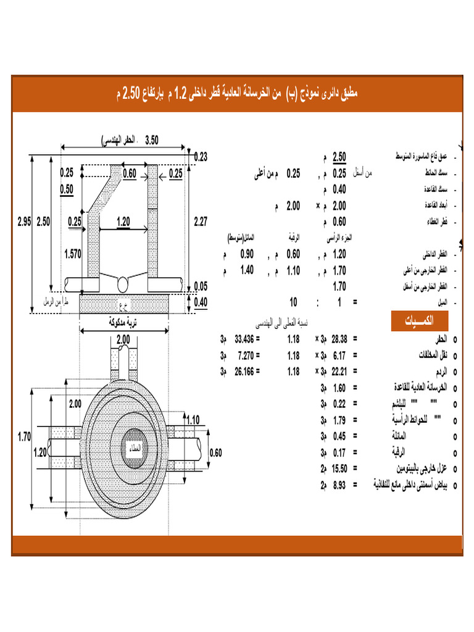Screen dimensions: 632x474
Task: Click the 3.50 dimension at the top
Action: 151,139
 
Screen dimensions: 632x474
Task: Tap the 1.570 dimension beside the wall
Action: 73,252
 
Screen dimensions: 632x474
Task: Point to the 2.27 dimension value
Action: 201,221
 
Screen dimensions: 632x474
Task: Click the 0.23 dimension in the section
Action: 201,157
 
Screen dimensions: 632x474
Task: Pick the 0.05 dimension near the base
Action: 201,286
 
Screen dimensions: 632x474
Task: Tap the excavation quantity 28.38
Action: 339,339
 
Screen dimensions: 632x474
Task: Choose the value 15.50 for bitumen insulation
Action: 339,468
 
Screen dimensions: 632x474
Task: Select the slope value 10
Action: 294,302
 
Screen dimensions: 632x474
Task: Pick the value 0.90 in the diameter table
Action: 247,254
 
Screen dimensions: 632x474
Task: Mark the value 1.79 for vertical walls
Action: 339,420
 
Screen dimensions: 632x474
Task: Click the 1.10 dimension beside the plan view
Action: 193,420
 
